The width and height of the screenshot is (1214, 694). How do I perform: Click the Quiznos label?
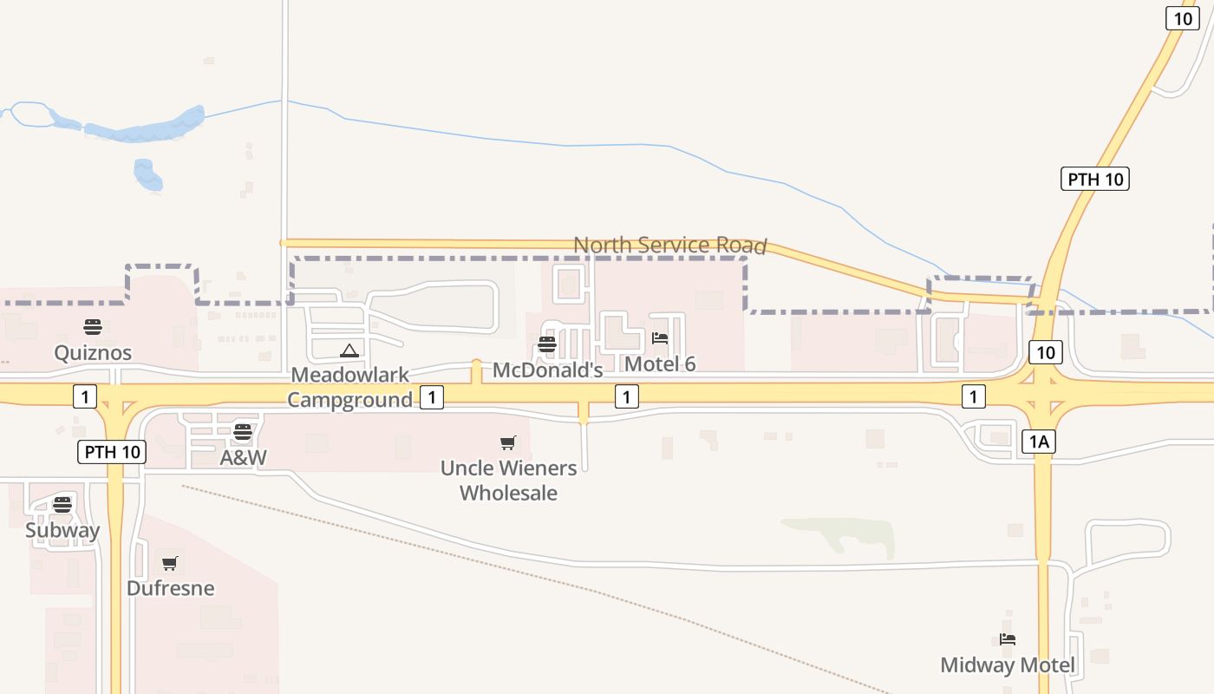click(93, 352)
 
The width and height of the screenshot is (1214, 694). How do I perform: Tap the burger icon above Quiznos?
click(93, 327)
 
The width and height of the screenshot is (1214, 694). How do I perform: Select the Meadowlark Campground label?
click(349, 387)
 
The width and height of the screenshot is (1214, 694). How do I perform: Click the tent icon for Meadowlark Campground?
click(349, 350)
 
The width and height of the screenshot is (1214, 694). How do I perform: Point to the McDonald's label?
click(547, 370)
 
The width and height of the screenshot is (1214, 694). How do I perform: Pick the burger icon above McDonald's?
click(547, 344)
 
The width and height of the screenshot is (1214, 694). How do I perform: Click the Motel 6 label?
click(660, 363)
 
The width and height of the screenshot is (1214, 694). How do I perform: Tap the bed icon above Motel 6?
click(660, 338)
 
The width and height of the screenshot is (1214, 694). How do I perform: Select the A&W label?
click(243, 457)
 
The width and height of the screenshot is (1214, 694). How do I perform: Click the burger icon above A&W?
click(243, 432)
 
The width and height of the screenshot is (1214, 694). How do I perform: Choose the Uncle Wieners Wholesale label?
click(508, 481)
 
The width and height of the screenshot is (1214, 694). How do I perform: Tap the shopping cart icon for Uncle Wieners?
click(508, 443)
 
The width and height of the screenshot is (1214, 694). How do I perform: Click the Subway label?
click(62, 530)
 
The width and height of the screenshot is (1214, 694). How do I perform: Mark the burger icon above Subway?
click(62, 505)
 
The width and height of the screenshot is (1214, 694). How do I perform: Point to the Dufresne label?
click(170, 588)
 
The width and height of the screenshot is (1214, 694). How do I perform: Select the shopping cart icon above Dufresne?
click(170, 564)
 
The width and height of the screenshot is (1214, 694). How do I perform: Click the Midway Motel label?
click(1008, 665)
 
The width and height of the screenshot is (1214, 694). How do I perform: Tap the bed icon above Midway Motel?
click(1008, 640)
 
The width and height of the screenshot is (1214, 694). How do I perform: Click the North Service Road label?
click(669, 246)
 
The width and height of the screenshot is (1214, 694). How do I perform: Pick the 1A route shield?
click(1039, 442)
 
